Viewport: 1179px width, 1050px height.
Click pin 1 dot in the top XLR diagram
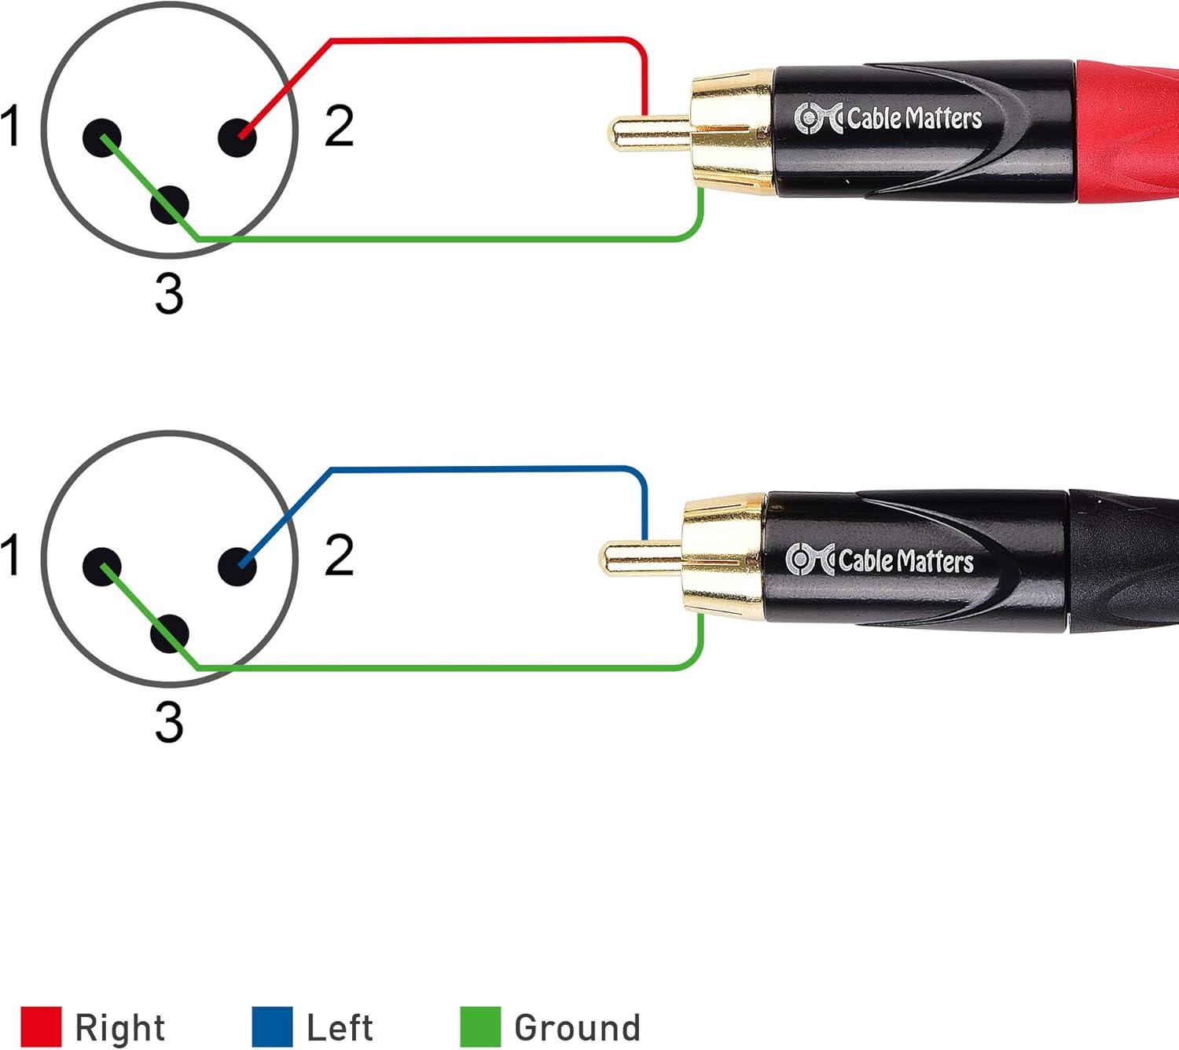[101, 138]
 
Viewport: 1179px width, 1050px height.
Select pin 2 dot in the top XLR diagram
[237, 138]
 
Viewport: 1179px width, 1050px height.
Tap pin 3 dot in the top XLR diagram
[170, 204]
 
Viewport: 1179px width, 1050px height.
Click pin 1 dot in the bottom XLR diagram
[101, 566]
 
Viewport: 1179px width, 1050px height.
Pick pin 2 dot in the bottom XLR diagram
[237, 566]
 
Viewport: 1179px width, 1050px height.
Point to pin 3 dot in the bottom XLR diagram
[170, 633]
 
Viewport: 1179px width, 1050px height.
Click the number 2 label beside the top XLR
[339, 126]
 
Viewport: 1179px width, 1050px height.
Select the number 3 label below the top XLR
[169, 294]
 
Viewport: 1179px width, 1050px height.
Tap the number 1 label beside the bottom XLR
[10, 554]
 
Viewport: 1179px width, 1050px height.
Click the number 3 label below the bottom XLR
[169, 722]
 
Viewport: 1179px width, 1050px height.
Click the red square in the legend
[41, 1026]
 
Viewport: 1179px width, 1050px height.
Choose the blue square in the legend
[272, 1026]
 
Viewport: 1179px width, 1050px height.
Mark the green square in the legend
[479, 1026]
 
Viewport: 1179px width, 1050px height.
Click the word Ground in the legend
[577, 1027]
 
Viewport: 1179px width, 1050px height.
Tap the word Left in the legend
[340, 1027]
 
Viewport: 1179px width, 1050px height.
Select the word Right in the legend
[119, 1027]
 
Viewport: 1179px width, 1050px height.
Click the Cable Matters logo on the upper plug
[888, 119]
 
